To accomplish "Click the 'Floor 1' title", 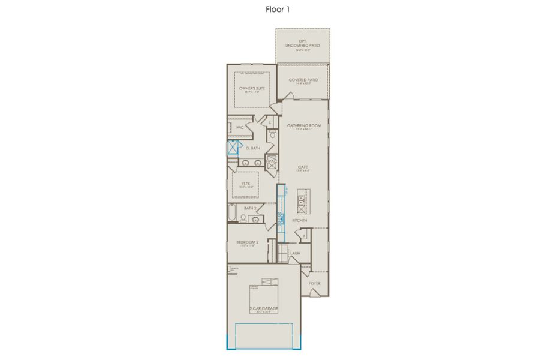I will pyautogui.click(x=278, y=9).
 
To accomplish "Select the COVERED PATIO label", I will pyautogui.click(x=303, y=80).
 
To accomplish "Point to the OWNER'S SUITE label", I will pyautogui.click(x=252, y=89).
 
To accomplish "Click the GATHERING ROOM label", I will pyautogui.click(x=304, y=125).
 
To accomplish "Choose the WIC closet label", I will pyautogui.click(x=240, y=127).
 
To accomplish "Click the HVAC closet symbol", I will pyautogui.click(x=270, y=161).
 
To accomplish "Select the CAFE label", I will pyautogui.click(x=303, y=167).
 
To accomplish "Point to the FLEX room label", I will pyautogui.click(x=246, y=184).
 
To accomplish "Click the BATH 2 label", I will pyautogui.click(x=250, y=208).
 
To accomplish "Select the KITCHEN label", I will pyautogui.click(x=300, y=221).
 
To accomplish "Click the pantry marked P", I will pyautogui.click(x=304, y=236).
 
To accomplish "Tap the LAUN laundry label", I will pyautogui.click(x=295, y=253).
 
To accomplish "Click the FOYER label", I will pyautogui.click(x=315, y=283).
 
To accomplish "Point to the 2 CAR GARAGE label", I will pyautogui.click(x=264, y=308).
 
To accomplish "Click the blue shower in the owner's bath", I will pyautogui.click(x=232, y=148).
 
